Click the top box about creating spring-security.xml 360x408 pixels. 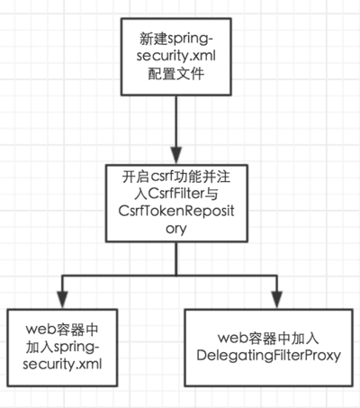point(176,57)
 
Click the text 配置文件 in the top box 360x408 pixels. point(176,74)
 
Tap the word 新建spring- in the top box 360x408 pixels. point(176,39)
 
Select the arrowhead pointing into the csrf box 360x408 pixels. point(176,156)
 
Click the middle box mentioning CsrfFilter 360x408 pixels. point(176,204)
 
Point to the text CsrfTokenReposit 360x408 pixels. point(176,211)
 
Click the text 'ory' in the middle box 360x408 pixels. point(176,229)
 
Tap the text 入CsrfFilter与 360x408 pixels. point(176,194)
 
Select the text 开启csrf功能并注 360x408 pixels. point(176,177)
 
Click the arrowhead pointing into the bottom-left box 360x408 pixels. point(62,300)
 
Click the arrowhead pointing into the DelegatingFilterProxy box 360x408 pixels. point(277,300)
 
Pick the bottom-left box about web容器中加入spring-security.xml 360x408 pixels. point(62,348)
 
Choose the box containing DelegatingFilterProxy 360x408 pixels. point(269,348)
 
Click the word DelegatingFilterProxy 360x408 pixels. point(269,356)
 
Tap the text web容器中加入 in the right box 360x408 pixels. point(268,339)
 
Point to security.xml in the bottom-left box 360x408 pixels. point(62,365)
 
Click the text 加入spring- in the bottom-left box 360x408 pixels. point(62,348)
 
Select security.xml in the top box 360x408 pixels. point(176,56)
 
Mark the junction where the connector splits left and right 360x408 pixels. point(176,275)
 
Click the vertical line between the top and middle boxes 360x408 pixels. point(176,122)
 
